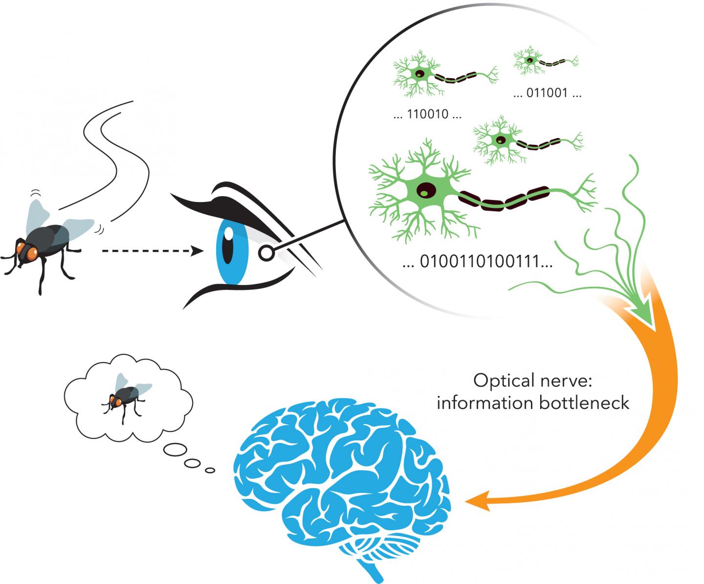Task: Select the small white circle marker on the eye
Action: coord(265,253)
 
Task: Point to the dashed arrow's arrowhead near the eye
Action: coord(198,251)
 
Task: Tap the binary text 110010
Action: coord(427,116)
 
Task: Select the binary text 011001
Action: coord(547,94)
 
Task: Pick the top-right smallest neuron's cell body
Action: coord(529,61)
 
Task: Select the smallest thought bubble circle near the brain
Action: coord(210,470)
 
